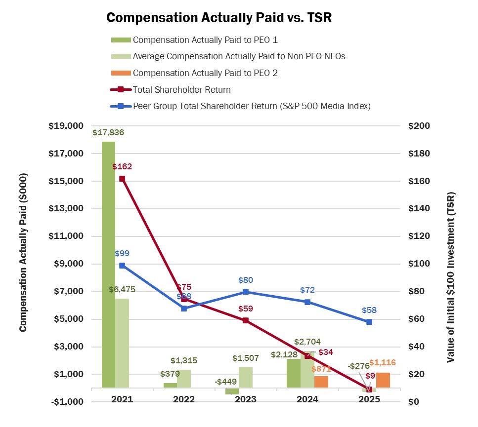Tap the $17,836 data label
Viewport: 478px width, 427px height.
click(x=108, y=132)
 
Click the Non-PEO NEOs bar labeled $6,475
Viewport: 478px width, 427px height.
click(x=122, y=343)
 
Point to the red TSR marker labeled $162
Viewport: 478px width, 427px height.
click(x=122, y=179)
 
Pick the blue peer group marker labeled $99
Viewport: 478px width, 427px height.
click(x=122, y=266)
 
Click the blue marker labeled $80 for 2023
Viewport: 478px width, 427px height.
click(x=246, y=292)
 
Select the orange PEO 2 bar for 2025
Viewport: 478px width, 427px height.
click(x=383, y=380)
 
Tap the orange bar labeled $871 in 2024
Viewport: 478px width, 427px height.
click(x=321, y=382)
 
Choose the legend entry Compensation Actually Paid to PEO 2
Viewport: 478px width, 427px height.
click(x=205, y=73)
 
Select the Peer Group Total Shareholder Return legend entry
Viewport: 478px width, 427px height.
click(x=252, y=106)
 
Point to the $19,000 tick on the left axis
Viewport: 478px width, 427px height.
click(x=66, y=126)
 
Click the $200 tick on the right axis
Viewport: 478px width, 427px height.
click(x=420, y=126)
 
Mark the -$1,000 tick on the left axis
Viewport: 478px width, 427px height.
click(x=66, y=402)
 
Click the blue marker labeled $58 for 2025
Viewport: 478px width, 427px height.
click(x=369, y=322)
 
